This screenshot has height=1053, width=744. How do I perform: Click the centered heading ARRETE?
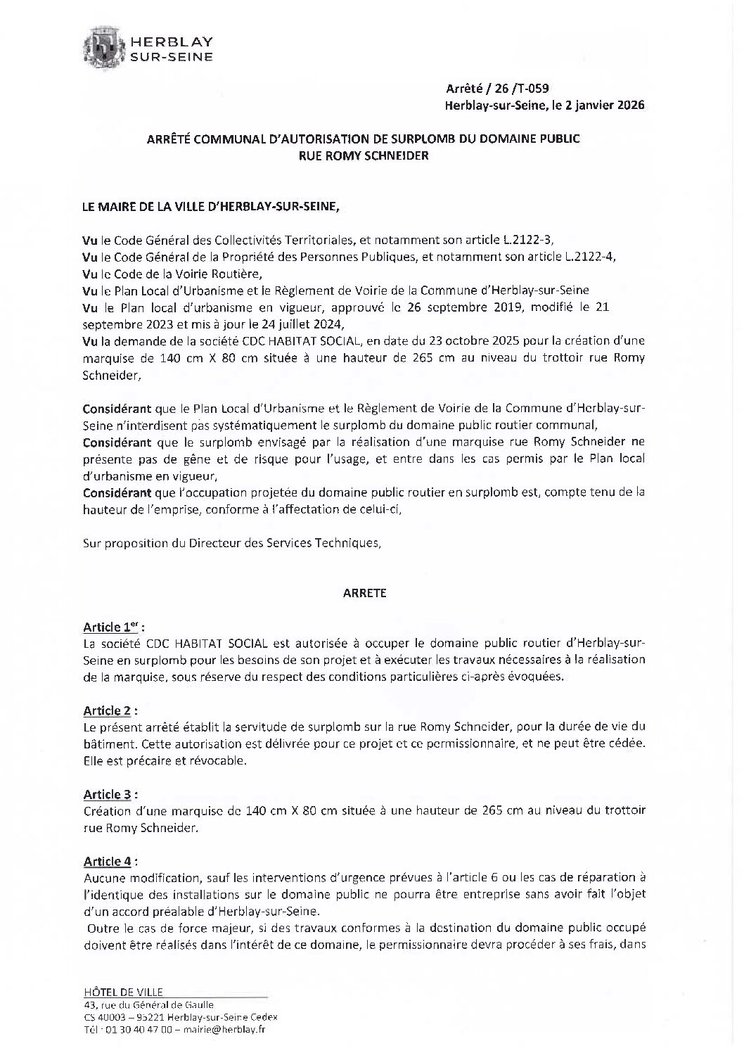[364, 593]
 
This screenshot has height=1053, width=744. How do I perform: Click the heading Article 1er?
[112, 627]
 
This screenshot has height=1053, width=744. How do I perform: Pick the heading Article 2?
[108, 710]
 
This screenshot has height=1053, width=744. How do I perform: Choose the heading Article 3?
[108, 794]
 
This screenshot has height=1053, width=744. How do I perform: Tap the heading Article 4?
[108, 861]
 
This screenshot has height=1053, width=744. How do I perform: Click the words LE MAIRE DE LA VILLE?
[141, 208]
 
